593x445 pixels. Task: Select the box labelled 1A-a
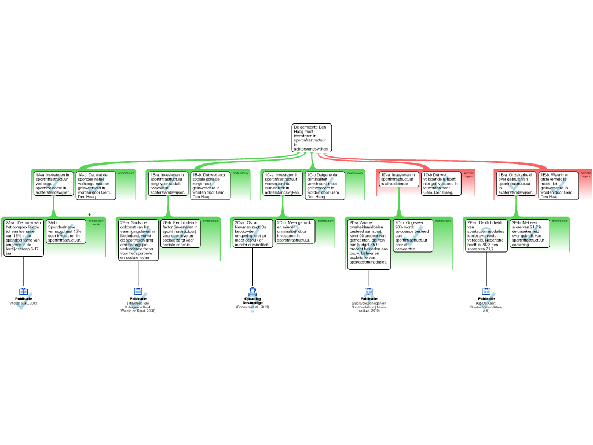[x=53, y=183]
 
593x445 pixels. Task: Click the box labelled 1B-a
[x=168, y=183]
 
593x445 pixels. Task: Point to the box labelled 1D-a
[x=398, y=179]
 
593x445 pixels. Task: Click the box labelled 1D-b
[x=441, y=183]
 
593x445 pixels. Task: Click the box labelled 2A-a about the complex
[x=23, y=238]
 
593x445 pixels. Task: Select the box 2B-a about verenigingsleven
[x=138, y=240]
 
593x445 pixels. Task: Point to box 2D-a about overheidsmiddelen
[x=369, y=244]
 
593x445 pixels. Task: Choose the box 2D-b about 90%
[x=413, y=235]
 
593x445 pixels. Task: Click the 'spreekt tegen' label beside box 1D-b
[x=468, y=174]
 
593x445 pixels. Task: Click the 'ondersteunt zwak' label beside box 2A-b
[x=97, y=222]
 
